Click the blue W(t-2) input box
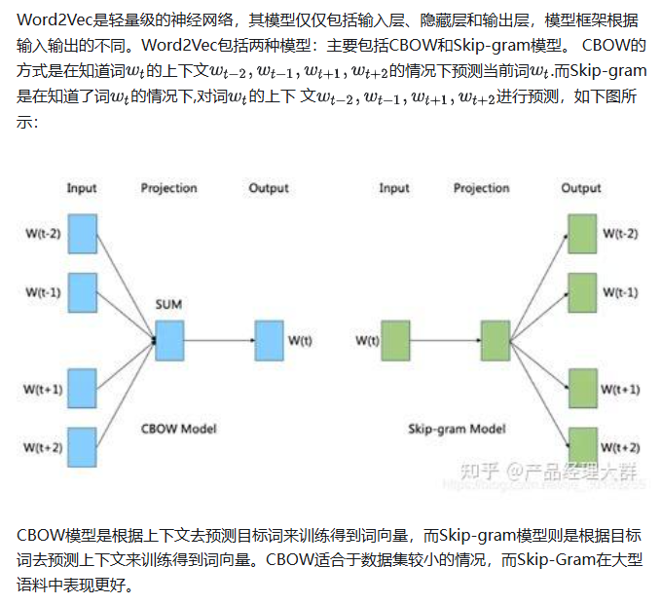click(x=83, y=234)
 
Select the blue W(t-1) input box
click(x=83, y=292)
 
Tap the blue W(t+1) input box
click(x=83, y=389)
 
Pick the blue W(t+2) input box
click(x=83, y=446)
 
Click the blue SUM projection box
click(x=169, y=340)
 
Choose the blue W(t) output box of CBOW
click(x=269, y=340)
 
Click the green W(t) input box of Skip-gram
click(x=396, y=340)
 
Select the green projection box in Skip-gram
click(x=496, y=340)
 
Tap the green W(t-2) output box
click(x=582, y=234)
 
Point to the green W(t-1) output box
click(x=582, y=292)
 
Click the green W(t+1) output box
click(x=582, y=389)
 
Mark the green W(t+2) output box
click(x=582, y=446)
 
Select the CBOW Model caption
click(x=178, y=429)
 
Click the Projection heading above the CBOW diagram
click(x=168, y=188)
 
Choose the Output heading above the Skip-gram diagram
click(x=581, y=188)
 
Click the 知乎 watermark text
click(x=474, y=473)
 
